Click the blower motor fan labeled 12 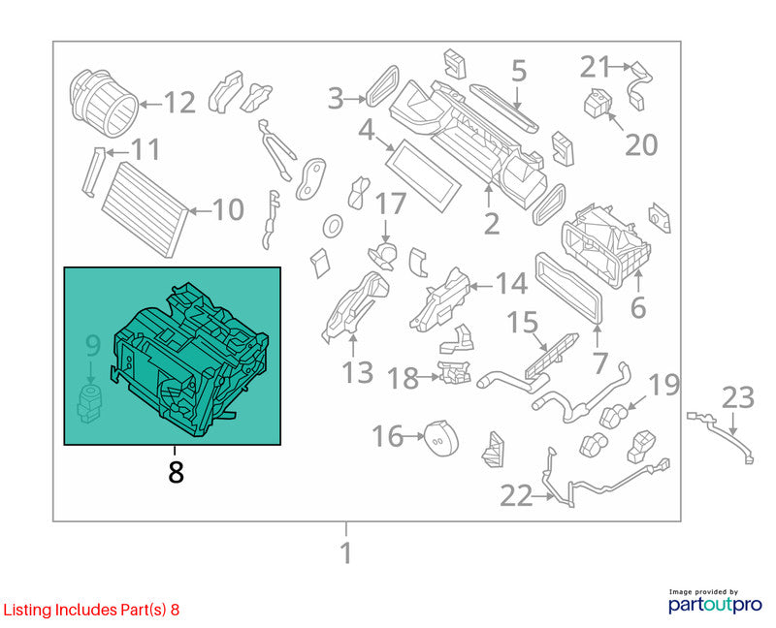click(103, 103)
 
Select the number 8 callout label click(176, 472)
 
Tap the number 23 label click(738, 398)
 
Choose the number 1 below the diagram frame click(346, 552)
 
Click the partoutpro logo click(715, 602)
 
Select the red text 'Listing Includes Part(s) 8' click(91, 610)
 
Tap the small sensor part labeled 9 click(89, 404)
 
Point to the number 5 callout click(518, 71)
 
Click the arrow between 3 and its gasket click(355, 100)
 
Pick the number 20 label click(641, 144)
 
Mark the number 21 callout click(595, 67)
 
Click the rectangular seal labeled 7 click(569, 288)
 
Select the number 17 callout click(391, 204)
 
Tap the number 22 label click(516, 495)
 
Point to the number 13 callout click(357, 373)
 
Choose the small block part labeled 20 click(597, 103)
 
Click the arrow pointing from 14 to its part click(480, 286)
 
